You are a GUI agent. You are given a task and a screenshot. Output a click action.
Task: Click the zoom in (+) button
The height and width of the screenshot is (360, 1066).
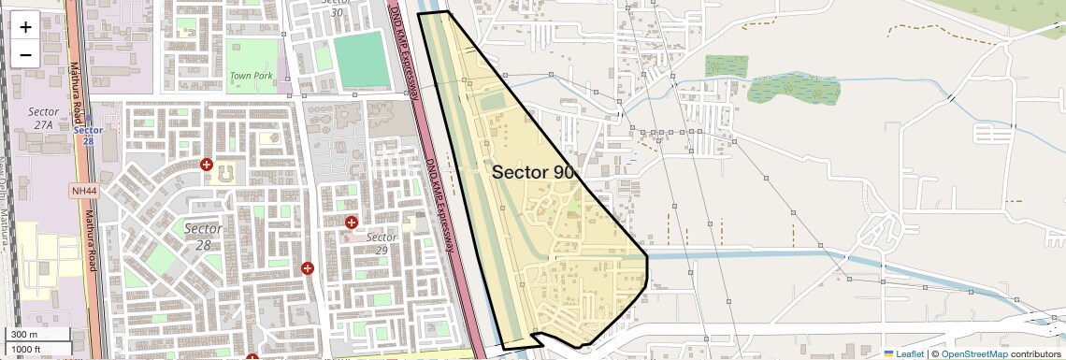[x=25, y=26]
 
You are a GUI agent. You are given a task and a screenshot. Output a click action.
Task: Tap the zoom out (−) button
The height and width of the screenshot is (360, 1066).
[x=25, y=54]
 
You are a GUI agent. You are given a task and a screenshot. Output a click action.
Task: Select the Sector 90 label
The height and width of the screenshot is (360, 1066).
[x=533, y=172]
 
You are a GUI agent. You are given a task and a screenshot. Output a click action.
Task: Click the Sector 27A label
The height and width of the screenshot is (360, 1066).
[x=43, y=118]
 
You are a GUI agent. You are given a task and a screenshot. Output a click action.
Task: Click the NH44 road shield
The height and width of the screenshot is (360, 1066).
[x=83, y=191]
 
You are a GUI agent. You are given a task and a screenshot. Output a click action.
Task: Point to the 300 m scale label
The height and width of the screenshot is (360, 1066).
[x=24, y=335]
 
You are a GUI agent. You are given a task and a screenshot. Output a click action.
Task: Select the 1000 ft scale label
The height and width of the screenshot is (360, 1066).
[x=26, y=349]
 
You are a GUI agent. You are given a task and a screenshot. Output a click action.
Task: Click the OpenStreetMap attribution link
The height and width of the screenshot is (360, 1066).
[x=973, y=353]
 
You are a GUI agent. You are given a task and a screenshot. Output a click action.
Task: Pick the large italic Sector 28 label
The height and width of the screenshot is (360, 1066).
[x=203, y=236]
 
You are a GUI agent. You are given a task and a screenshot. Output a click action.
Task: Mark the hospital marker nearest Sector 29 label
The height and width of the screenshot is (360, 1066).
[x=351, y=223]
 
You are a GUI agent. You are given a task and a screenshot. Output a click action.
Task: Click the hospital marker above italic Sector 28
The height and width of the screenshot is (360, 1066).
[x=207, y=165]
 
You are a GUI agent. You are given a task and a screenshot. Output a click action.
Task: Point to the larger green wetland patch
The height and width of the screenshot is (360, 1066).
[x=794, y=89]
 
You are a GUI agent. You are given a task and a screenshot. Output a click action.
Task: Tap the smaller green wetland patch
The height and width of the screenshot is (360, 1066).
[x=726, y=65]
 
